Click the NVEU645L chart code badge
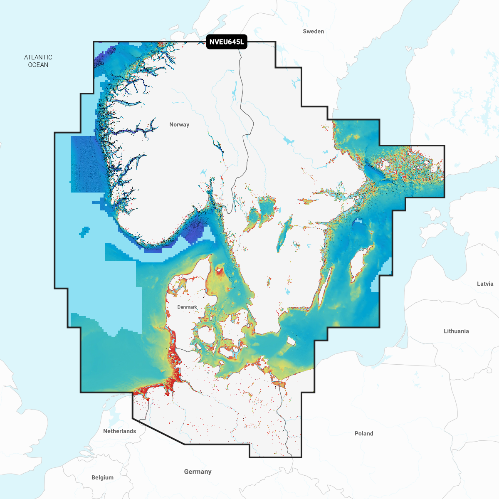[x=227, y=42]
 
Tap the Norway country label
[x=179, y=125]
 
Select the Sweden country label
[x=313, y=32]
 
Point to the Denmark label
[x=187, y=307]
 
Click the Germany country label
[x=198, y=472]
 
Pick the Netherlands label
[x=119, y=431]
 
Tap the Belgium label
[x=102, y=477]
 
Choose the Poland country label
[x=364, y=433]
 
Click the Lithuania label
[x=456, y=331]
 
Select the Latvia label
[x=485, y=284]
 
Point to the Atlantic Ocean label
[x=38, y=61]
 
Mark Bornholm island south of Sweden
[x=291, y=341]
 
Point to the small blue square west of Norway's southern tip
[x=84, y=232]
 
